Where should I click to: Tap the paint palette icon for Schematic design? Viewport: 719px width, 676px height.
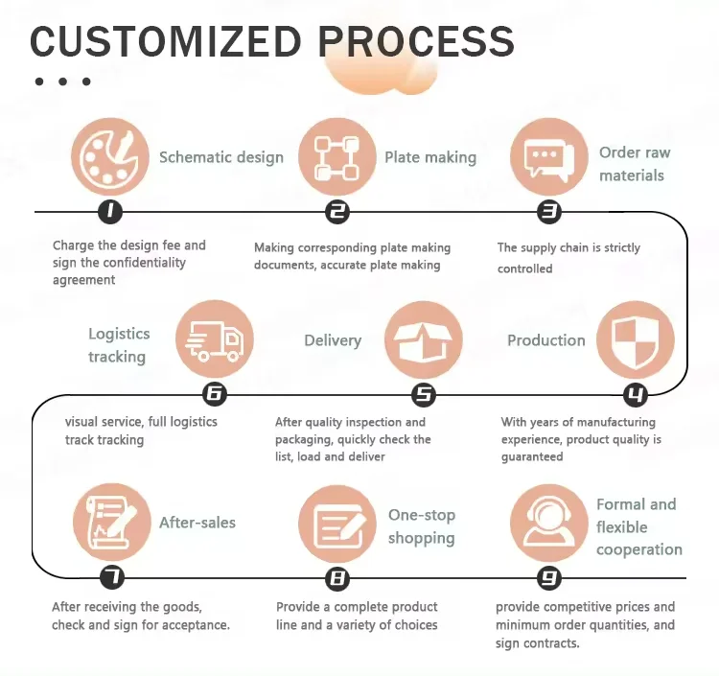tap(111, 157)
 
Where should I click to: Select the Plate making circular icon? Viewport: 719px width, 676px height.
tap(337, 157)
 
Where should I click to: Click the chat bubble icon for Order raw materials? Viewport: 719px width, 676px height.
tap(548, 157)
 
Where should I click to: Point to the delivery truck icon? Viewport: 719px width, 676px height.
tap(215, 339)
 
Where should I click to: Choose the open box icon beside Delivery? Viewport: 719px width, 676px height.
tap(423, 339)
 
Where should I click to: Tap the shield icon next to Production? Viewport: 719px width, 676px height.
tap(635, 339)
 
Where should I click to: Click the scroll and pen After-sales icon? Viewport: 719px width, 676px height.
tap(112, 523)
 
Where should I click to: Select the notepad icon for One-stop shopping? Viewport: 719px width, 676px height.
tap(337, 523)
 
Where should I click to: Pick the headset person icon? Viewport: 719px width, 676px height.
tap(548, 523)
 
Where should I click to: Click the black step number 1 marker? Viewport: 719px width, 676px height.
tap(111, 212)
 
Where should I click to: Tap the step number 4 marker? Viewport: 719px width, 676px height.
tap(635, 394)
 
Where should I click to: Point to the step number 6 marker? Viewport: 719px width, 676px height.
tap(215, 394)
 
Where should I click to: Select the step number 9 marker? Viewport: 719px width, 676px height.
tap(548, 578)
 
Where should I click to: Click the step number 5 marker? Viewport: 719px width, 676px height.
tap(423, 394)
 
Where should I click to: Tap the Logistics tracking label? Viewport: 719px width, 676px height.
tap(119, 345)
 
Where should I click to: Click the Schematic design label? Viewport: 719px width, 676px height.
tap(221, 157)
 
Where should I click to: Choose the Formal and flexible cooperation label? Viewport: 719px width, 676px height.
tap(638, 527)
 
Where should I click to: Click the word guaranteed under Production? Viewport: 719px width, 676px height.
tap(532, 457)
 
